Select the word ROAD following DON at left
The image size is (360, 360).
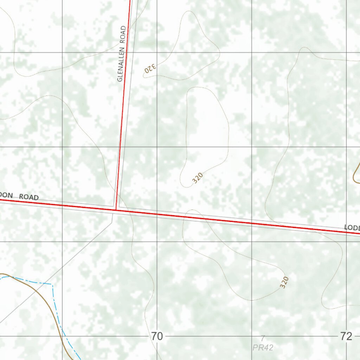pos(29,197)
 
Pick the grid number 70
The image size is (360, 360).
pos(157,336)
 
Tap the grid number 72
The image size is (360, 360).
pos(346,336)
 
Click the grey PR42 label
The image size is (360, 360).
pos(263,348)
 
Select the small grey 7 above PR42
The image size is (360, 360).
pos(263,338)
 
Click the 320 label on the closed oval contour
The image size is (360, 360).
pos(198,178)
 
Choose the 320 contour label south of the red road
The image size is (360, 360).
pos(284,282)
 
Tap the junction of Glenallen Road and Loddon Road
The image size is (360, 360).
pos(116,210)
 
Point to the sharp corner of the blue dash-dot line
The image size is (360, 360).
pos(52,284)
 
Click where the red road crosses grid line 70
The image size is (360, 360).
pos(157,214)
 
